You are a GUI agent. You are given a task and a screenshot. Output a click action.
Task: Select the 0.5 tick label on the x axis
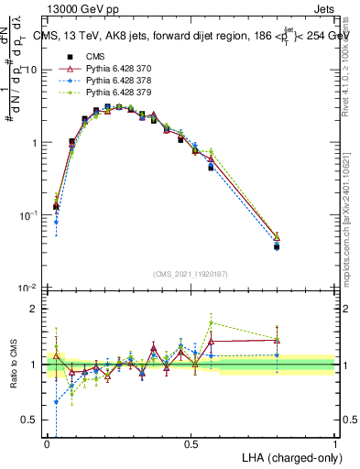pyautogui.click(x=191, y=442)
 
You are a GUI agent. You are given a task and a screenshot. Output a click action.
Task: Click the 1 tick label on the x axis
pyautogui.click(x=335, y=442)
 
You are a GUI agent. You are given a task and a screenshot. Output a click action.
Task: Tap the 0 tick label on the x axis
pyautogui.click(x=48, y=442)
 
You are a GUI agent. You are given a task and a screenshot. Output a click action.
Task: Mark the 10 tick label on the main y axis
pyautogui.click(x=31, y=71)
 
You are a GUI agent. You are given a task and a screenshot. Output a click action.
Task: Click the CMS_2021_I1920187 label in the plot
pyautogui.click(x=191, y=273)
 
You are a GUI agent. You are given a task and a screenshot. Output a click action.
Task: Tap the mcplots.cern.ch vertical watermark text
pyautogui.click(x=351, y=220)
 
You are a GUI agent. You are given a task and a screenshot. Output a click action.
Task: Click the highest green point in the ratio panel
pyautogui.click(x=212, y=322)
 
